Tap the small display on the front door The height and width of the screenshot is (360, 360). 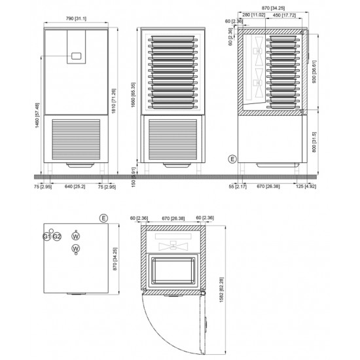tap(77, 57)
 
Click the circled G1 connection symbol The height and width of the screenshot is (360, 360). tap(47, 236)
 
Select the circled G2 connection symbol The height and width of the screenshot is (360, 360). tap(57, 236)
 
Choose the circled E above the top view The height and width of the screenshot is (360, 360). tap(103, 217)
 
